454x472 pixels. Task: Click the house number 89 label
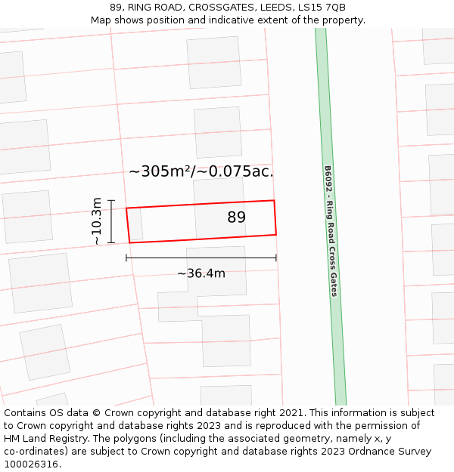pyautogui.click(x=236, y=217)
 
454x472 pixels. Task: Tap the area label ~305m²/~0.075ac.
pyautogui.click(x=201, y=171)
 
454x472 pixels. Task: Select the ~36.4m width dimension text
pyautogui.click(x=201, y=273)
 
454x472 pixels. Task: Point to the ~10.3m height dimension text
pyautogui.click(x=97, y=221)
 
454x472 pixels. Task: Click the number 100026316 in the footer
pyautogui.click(x=32, y=464)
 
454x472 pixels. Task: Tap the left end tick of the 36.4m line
pyautogui.click(x=126, y=258)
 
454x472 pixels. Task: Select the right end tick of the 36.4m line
pyautogui.click(x=276, y=258)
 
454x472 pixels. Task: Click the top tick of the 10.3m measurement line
pyautogui.click(x=111, y=201)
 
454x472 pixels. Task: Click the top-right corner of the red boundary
pyautogui.click(x=273, y=201)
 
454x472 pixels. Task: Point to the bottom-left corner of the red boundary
pyautogui.click(x=129, y=242)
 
